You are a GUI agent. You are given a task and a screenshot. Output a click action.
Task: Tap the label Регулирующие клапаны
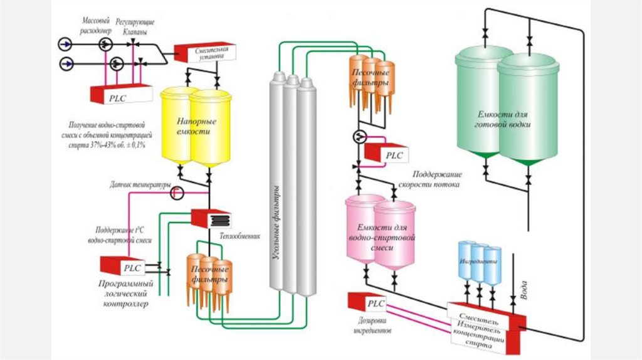pyautogui.click(x=135, y=25)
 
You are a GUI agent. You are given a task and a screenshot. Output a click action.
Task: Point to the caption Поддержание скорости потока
pyautogui.click(x=437, y=179)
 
